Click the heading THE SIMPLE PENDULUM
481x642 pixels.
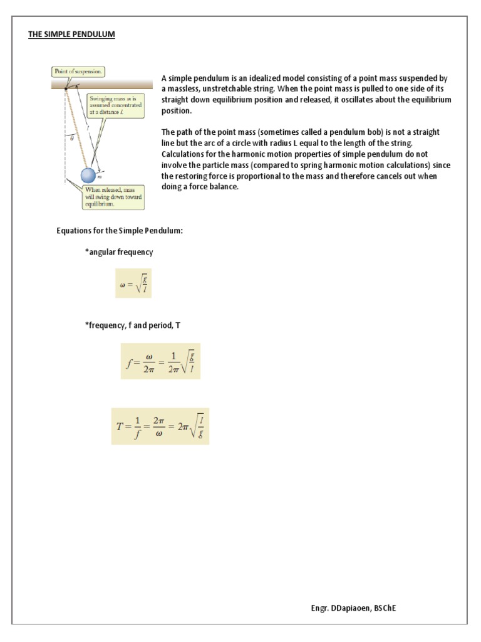(x=71, y=34)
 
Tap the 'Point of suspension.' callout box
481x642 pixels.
(x=79, y=71)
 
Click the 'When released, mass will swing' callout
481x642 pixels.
(x=113, y=197)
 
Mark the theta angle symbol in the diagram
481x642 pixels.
(x=72, y=139)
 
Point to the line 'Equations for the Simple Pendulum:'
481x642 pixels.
(x=120, y=231)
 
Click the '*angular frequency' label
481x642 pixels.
(x=119, y=251)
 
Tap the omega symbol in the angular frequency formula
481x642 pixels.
(x=123, y=284)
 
